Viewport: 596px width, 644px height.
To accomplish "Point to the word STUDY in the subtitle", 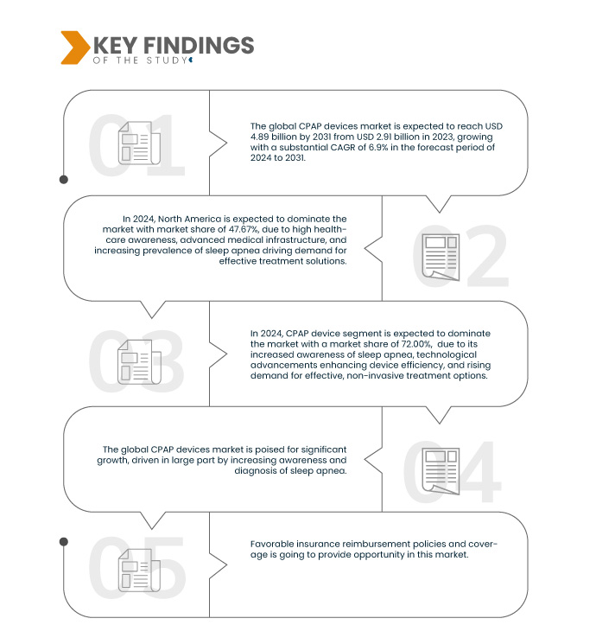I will pos(168,61).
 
